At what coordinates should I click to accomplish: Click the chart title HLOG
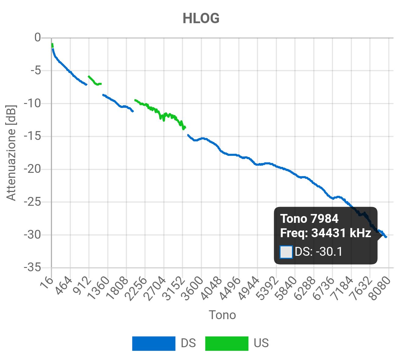201,19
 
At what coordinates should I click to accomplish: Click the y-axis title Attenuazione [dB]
11,153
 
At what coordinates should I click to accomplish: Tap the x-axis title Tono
222,315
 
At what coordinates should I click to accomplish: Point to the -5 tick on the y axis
35,70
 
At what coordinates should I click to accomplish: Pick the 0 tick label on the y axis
37,38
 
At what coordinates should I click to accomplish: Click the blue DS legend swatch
154,344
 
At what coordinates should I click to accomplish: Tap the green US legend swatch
226,344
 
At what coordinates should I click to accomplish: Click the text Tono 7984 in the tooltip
309,219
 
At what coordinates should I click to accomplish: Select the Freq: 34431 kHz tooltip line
325,233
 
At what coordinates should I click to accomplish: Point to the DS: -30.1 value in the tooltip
318,252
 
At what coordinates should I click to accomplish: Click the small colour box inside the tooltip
286,252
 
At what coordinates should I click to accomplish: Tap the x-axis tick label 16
47,283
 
